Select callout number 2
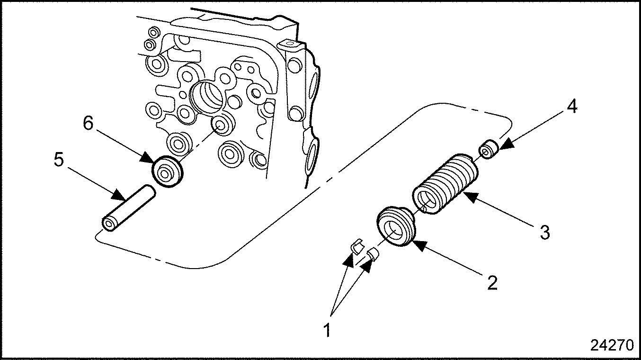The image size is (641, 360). click(x=492, y=283)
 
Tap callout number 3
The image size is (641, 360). click(x=545, y=233)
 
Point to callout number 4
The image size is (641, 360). click(x=572, y=107)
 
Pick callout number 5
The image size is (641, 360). click(x=58, y=160)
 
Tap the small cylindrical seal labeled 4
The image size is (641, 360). click(x=489, y=150)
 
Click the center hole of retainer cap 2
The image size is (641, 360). click(x=393, y=230)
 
